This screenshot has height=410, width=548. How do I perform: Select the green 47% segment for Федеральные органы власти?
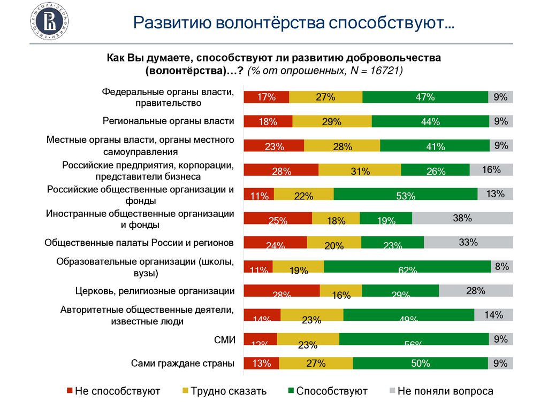(x=425, y=97)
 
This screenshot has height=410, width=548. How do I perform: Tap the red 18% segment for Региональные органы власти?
(x=268, y=121)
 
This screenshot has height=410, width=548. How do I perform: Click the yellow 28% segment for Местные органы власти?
(x=342, y=146)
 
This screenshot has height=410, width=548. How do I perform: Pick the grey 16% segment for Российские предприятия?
(x=491, y=170)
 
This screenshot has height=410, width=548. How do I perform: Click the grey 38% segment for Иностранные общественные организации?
(x=462, y=218)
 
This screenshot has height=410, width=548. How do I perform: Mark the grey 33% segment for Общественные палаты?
(x=468, y=242)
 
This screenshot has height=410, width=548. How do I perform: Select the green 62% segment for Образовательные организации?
(x=407, y=266)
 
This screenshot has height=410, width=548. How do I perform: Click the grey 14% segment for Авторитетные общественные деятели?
(x=493, y=315)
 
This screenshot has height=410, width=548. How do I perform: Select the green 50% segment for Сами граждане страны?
(x=420, y=363)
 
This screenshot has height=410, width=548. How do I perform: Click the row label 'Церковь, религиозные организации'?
(x=155, y=291)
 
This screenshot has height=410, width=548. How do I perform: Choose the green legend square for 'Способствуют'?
(x=291, y=391)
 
